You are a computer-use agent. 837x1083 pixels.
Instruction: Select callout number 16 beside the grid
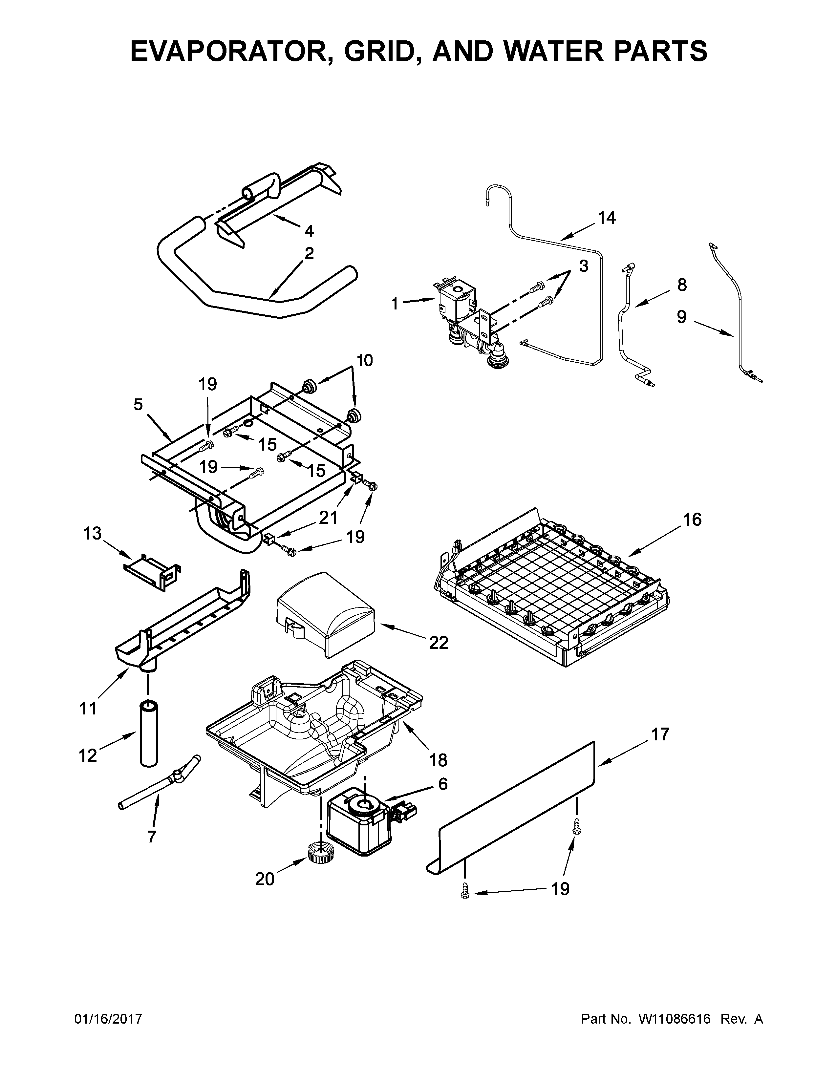692,520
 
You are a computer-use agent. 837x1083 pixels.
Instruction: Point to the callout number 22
438,643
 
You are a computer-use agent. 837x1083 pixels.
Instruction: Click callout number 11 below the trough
88,709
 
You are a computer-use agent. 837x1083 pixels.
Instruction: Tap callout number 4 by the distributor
309,231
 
